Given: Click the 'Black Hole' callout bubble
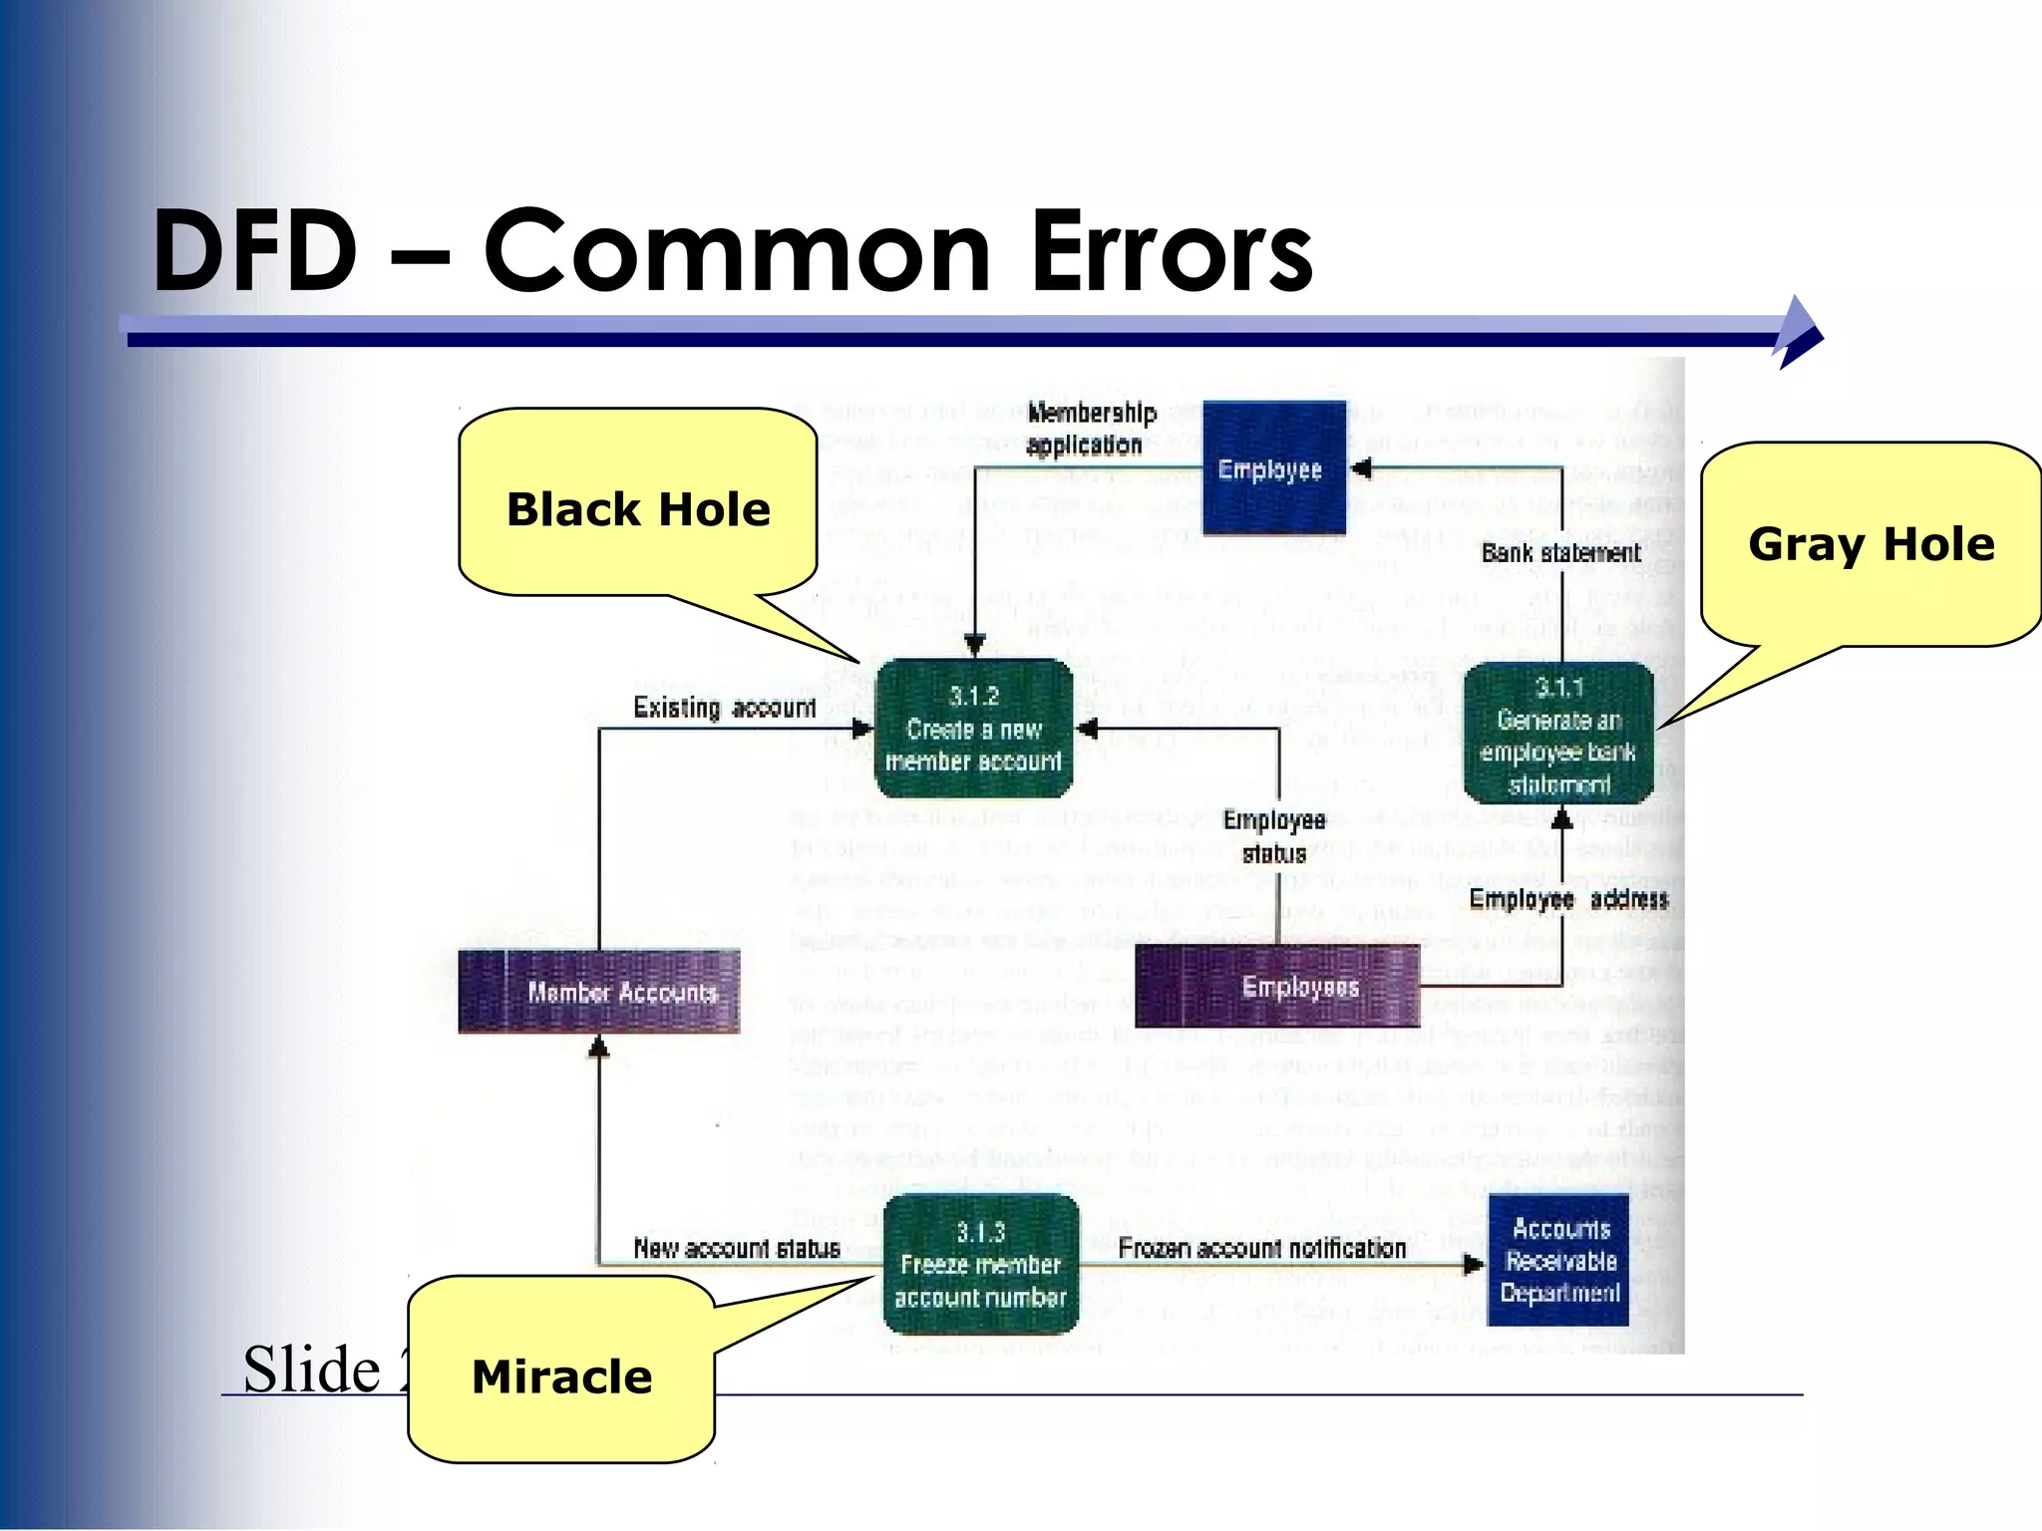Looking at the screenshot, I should (x=638, y=508).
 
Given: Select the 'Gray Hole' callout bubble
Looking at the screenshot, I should (x=1871, y=544).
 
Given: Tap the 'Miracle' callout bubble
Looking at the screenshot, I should (x=561, y=1377).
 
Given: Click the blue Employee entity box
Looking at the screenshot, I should (x=1273, y=468).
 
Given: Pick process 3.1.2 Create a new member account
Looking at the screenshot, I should (x=973, y=729).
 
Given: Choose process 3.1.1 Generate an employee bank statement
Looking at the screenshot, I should (x=1558, y=735).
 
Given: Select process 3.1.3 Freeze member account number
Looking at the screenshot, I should (x=981, y=1264).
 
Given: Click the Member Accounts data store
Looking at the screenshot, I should (x=599, y=992).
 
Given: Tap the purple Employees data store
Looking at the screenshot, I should (x=1277, y=987).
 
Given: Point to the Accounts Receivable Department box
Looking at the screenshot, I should (x=1558, y=1260).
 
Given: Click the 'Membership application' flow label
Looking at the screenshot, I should (x=1090, y=429).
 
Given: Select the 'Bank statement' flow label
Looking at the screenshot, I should (x=1560, y=552).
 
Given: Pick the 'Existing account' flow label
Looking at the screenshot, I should (x=725, y=708).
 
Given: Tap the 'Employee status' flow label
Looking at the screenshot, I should (x=1274, y=836).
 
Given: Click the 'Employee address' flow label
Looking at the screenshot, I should (x=1568, y=900).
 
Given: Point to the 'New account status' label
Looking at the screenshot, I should (x=737, y=1248).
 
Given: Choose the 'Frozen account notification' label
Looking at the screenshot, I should (x=1261, y=1248).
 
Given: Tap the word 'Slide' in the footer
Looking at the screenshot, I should (x=311, y=1369).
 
